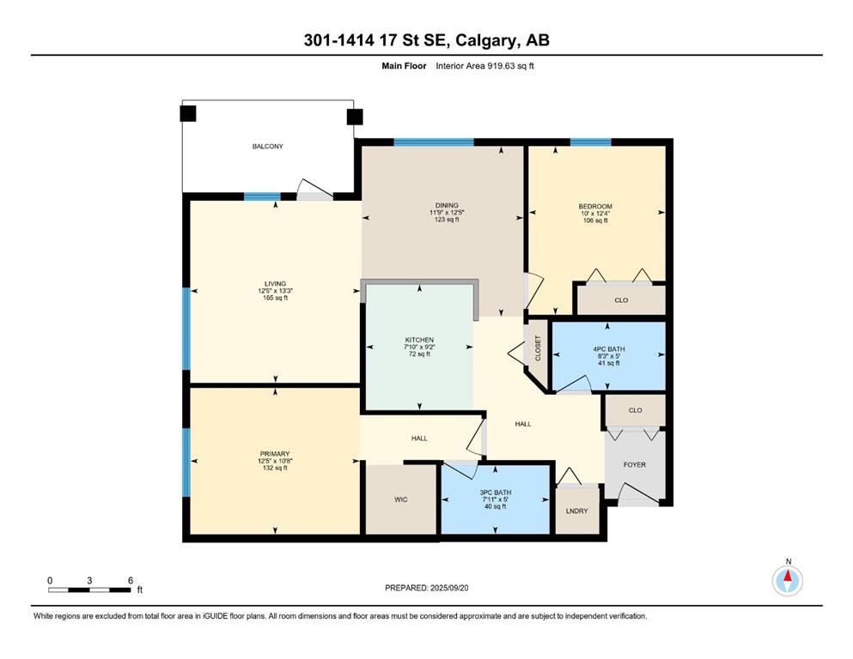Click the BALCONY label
pyautogui.click(x=267, y=146)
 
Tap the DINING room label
pyautogui.click(x=447, y=206)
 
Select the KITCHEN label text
pyautogui.click(x=419, y=340)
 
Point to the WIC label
pyautogui.click(x=401, y=499)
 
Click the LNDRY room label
pyautogui.click(x=576, y=511)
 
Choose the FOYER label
pyautogui.click(x=634, y=465)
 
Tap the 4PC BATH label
pyautogui.click(x=609, y=349)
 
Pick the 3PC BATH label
pyautogui.click(x=495, y=493)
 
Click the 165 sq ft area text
pyautogui.click(x=275, y=298)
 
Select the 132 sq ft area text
pyautogui.click(x=275, y=468)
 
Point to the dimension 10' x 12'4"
pyautogui.click(x=595, y=214)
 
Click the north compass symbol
pyautogui.click(x=787, y=580)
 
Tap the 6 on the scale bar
pyautogui.click(x=131, y=581)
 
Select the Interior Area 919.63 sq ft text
pyautogui.click(x=484, y=66)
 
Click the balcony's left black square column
pyautogui.click(x=187, y=113)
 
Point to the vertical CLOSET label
pyautogui.click(x=538, y=348)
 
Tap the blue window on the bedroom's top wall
pyautogui.click(x=590, y=142)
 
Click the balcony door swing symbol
pyautogui.click(x=314, y=188)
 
